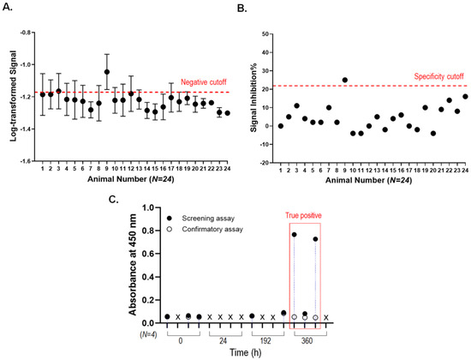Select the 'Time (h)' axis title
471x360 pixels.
tap(246, 351)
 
